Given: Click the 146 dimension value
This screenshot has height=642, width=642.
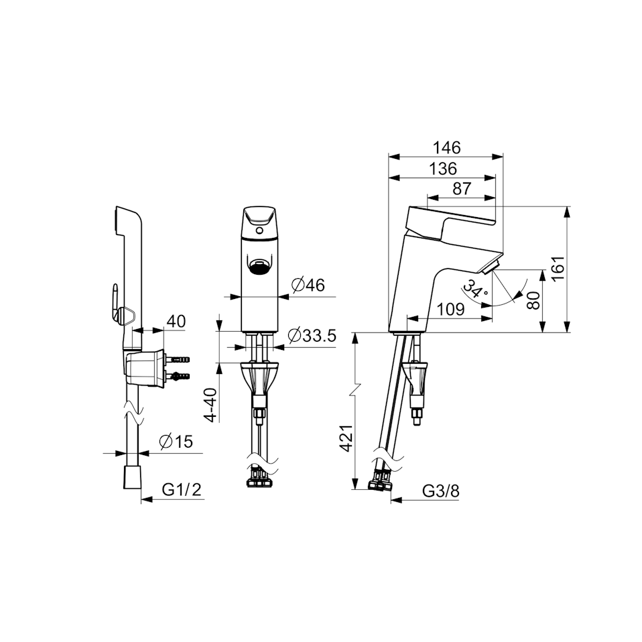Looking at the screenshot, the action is [x=447, y=147].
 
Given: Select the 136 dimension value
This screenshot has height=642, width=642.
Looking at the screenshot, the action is [x=443, y=169].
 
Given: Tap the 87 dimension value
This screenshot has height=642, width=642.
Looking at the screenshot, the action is [x=462, y=189].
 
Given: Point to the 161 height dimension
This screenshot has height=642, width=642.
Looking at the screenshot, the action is [x=558, y=268].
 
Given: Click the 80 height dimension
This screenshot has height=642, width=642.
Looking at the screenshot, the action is [x=533, y=300].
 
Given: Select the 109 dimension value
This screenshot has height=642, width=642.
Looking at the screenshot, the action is [x=451, y=310].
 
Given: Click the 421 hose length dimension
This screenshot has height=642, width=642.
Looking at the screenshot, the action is [x=346, y=438].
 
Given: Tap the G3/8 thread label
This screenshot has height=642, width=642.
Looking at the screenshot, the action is [x=441, y=491].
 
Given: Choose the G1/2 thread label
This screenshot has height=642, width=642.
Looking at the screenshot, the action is [x=182, y=489].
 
